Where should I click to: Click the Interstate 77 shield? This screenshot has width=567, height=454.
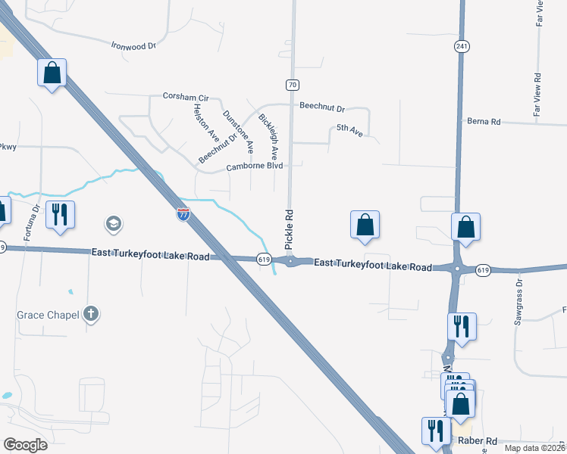point(183,214)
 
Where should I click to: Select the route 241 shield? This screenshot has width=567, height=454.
point(461,47)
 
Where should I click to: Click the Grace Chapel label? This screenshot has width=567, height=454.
point(48,314)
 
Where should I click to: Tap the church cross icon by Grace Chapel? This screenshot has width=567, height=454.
point(90,313)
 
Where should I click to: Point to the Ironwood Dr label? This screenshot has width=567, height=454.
point(133,45)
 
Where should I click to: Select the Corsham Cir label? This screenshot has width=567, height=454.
point(185,97)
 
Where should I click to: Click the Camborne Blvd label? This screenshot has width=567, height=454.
point(254,166)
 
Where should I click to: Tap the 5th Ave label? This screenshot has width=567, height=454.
point(349,130)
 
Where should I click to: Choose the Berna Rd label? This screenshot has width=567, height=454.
point(484,121)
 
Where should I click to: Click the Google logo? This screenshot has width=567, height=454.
point(25,445)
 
